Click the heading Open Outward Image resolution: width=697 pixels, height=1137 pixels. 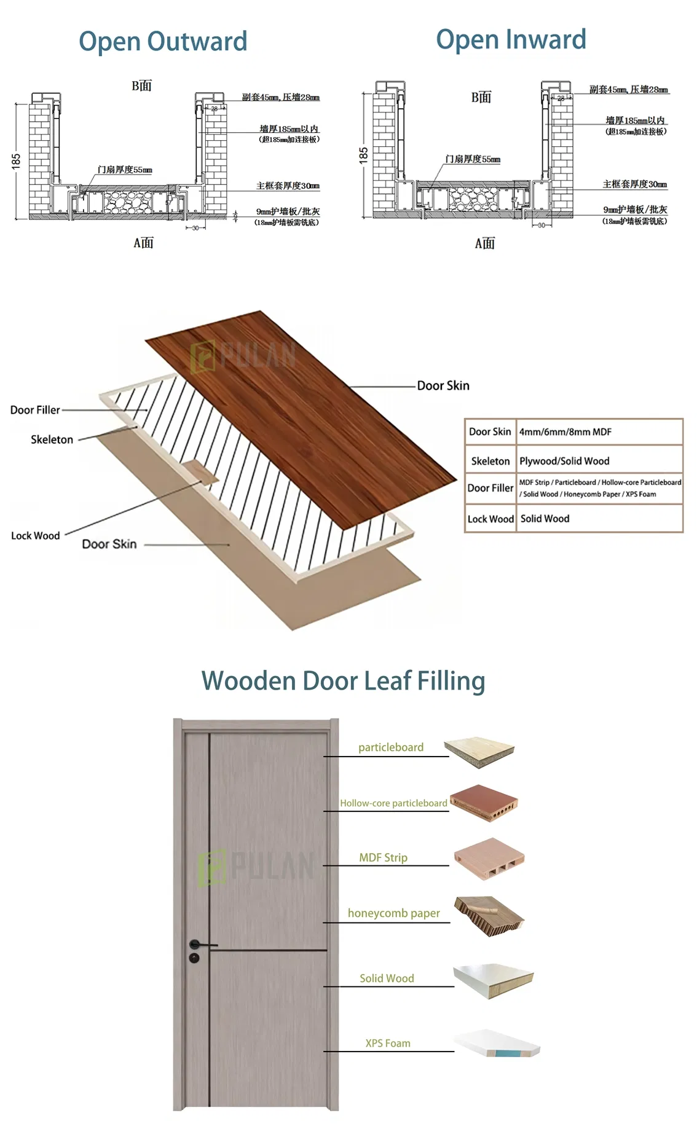[x=163, y=41]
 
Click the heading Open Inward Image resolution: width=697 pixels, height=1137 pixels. [x=511, y=39]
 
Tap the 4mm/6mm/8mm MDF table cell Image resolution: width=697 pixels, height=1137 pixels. [x=565, y=431]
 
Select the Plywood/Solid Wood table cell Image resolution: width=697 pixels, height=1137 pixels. [x=564, y=461]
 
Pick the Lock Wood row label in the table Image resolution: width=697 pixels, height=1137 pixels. [x=490, y=519]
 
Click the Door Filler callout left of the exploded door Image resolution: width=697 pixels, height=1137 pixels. [x=35, y=410]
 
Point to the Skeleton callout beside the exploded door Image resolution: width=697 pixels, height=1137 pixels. [x=52, y=439]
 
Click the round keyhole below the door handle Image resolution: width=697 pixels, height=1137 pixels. [x=194, y=958]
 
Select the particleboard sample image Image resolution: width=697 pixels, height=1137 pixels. [x=479, y=751]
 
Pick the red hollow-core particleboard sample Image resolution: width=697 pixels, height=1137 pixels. [x=484, y=802]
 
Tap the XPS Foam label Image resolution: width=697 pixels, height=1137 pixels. [x=388, y=1043]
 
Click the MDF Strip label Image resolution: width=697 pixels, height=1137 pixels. [x=383, y=857]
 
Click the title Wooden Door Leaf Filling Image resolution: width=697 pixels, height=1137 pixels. [x=343, y=681]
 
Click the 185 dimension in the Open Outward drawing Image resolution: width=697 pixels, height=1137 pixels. [x=16, y=161]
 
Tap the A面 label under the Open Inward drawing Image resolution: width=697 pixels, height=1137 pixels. [x=484, y=243]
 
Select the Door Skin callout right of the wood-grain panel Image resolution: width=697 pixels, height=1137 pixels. [x=443, y=386]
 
